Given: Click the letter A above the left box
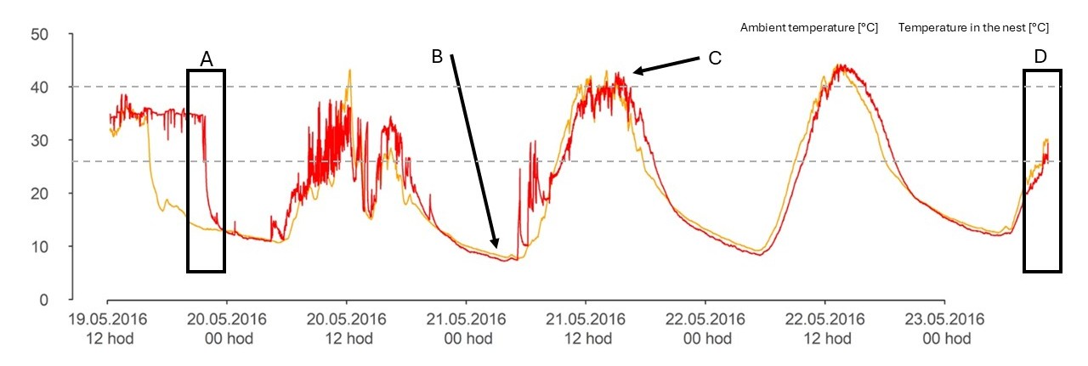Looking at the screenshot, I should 206,59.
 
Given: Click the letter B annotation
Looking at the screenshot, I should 437,57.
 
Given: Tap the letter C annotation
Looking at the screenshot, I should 714,58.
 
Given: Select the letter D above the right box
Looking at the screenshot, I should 1040,57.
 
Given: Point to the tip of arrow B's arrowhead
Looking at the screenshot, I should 498,250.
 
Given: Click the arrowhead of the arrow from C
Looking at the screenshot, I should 634,73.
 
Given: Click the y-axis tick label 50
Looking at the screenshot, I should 39,35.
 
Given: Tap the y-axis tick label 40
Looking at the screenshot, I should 39,87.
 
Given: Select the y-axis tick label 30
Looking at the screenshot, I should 39,141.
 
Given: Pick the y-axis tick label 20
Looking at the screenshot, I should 39,194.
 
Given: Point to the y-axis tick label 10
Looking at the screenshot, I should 39,247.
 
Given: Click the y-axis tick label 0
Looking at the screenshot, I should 44,300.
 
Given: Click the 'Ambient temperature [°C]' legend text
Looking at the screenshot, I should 808,28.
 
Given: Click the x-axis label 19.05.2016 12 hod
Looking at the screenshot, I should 108,329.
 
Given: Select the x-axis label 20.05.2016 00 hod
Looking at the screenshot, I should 227,329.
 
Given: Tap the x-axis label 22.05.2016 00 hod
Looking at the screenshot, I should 705,329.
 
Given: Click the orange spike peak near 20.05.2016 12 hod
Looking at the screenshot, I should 348,71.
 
